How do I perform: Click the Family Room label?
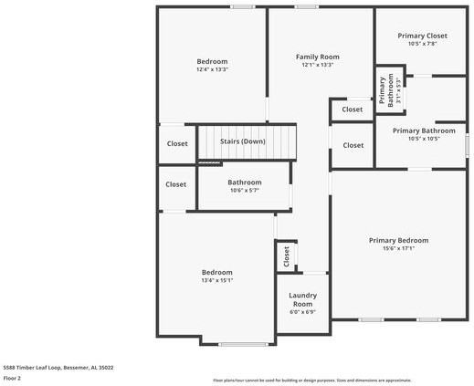[x=317, y=57]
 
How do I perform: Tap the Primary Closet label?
[x=422, y=36]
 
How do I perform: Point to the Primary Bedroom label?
[x=398, y=240]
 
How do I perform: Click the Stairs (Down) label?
[x=242, y=141]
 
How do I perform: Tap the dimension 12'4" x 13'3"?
[x=212, y=69]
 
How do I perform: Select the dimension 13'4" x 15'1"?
[x=216, y=281]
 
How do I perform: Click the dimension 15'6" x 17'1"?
[x=398, y=248]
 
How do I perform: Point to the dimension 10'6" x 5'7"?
[x=244, y=190]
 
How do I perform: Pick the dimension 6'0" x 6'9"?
[x=302, y=312]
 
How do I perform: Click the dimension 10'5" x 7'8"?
[x=422, y=44]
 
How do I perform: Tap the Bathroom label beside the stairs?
[x=244, y=182]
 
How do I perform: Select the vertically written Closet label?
[x=286, y=256]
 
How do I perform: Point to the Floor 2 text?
[x=12, y=377]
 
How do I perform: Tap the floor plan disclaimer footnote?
[x=311, y=380]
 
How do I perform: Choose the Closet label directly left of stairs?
[x=176, y=143]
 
